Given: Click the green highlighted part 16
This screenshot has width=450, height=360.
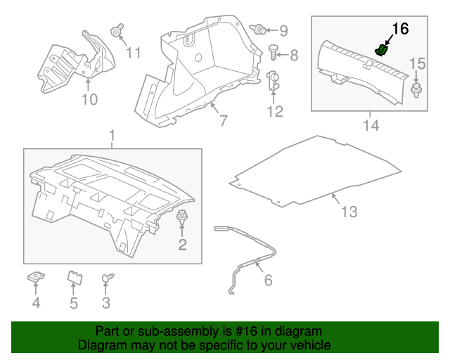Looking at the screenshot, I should (382, 49).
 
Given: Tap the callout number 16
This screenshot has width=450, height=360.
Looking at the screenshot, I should (399, 29).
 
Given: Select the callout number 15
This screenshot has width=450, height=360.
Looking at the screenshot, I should (418, 64).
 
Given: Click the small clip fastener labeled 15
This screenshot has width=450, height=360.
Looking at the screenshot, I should (416, 89).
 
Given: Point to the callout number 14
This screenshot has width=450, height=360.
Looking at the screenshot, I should (371, 126).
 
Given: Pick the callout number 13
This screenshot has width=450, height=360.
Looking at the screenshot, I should (349, 212).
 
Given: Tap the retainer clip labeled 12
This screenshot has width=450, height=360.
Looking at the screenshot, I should (274, 82).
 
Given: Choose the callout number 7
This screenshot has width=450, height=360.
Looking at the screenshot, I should (222, 120).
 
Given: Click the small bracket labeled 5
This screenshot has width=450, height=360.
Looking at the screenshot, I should (74, 278).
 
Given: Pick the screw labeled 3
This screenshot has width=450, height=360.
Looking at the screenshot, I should (108, 279).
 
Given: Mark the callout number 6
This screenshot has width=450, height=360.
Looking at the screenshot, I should (267, 281).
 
